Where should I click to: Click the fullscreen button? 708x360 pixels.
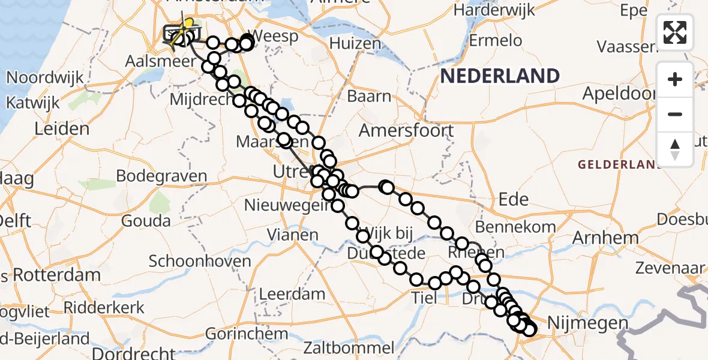click(675, 32)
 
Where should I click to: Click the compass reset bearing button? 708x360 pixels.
click(675, 149)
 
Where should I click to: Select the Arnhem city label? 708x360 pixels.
click(605, 238)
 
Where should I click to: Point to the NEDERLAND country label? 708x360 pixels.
click(500, 76)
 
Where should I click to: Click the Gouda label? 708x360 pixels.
click(145, 220)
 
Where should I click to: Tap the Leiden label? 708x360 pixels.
click(62, 128)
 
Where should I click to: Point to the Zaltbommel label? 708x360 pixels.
click(349, 347)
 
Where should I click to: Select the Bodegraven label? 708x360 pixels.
click(161, 176)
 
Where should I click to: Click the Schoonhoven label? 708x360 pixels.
click(200, 261)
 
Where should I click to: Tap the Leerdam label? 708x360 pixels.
click(292, 295)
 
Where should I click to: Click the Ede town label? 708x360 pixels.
click(513, 200)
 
